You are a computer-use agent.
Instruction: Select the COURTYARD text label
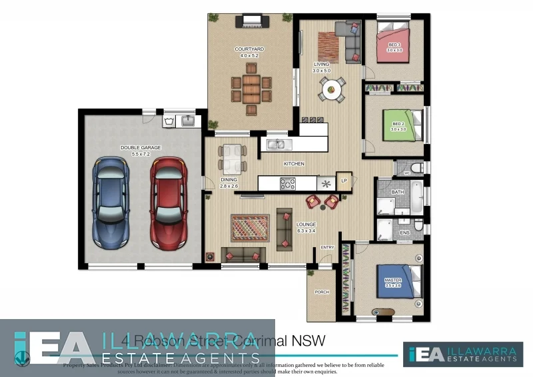249,49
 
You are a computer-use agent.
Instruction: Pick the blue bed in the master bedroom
397,281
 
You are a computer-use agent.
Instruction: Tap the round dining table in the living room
331,88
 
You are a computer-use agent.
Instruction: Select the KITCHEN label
294,163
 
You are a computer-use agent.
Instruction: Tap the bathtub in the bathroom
416,197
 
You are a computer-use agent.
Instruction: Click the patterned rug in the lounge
250,228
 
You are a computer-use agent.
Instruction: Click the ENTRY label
326,247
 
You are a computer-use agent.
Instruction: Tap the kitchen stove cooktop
287,184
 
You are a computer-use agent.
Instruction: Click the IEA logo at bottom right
462,354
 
